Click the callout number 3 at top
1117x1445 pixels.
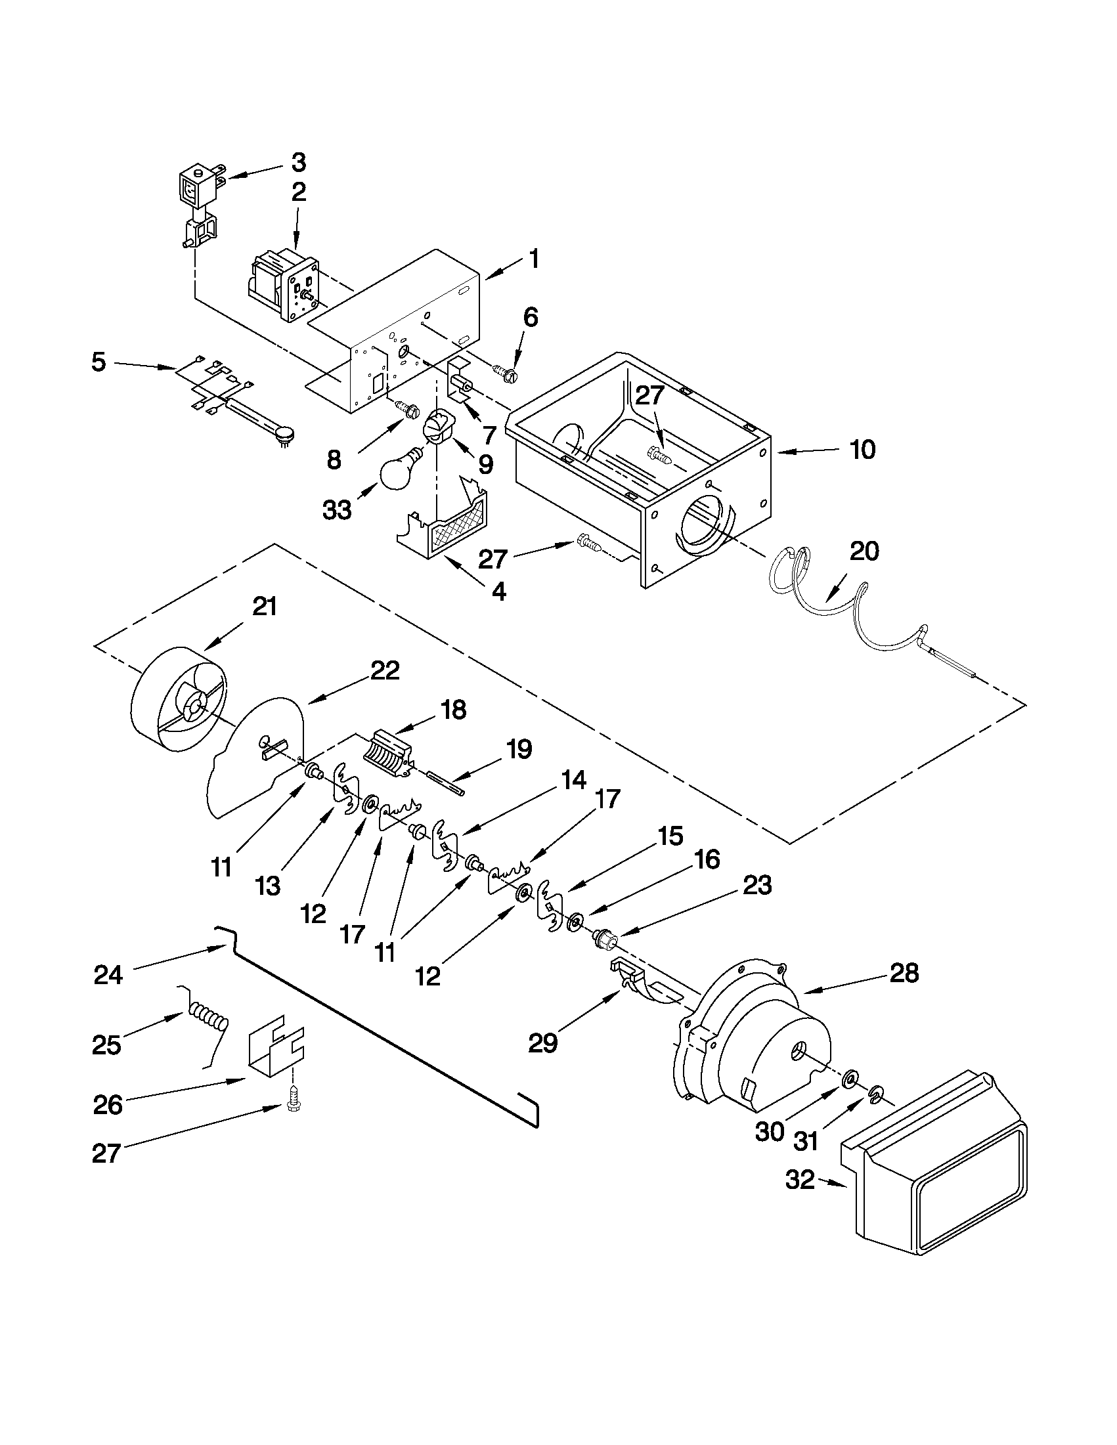pos(298,162)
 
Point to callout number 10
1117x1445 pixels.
pos(863,450)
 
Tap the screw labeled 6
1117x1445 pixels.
pos(508,372)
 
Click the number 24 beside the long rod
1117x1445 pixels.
pos(108,975)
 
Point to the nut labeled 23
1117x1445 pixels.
pos(604,938)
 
